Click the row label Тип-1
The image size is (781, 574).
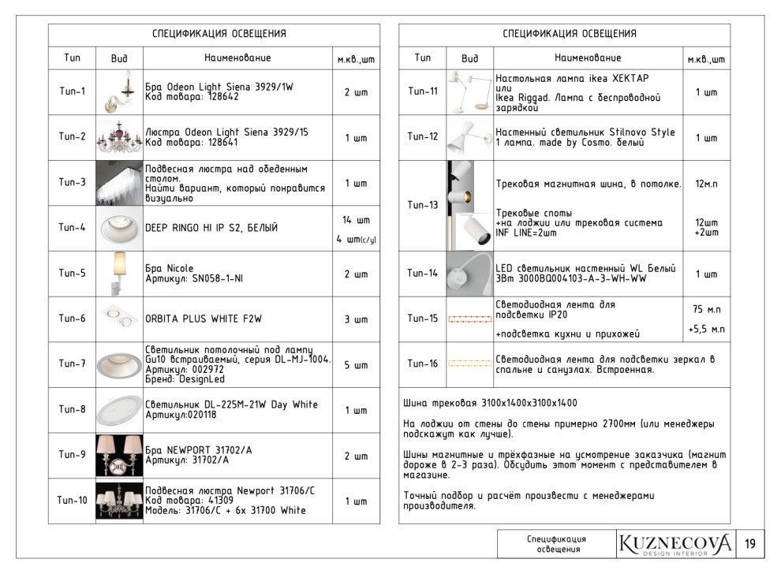(72, 91)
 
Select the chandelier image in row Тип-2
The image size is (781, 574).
(119, 138)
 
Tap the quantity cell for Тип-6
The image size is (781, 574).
(356, 319)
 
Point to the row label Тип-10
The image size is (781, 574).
(72, 501)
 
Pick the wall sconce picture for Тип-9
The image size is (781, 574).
(119, 456)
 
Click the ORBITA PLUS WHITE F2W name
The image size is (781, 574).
(204, 319)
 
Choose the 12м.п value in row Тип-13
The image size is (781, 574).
(706, 184)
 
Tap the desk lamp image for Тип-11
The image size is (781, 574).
(470, 91)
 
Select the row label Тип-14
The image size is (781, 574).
(423, 274)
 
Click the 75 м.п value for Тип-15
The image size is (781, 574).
(707, 309)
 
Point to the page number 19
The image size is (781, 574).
(749, 544)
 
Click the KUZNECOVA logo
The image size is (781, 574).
(675, 544)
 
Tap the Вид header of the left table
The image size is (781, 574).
(119, 58)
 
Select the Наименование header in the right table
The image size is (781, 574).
(588, 58)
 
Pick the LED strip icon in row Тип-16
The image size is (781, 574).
(469, 363)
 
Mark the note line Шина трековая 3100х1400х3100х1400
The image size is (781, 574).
(490, 403)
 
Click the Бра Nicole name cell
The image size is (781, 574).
(170, 274)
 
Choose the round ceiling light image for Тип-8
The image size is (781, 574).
(119, 410)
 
